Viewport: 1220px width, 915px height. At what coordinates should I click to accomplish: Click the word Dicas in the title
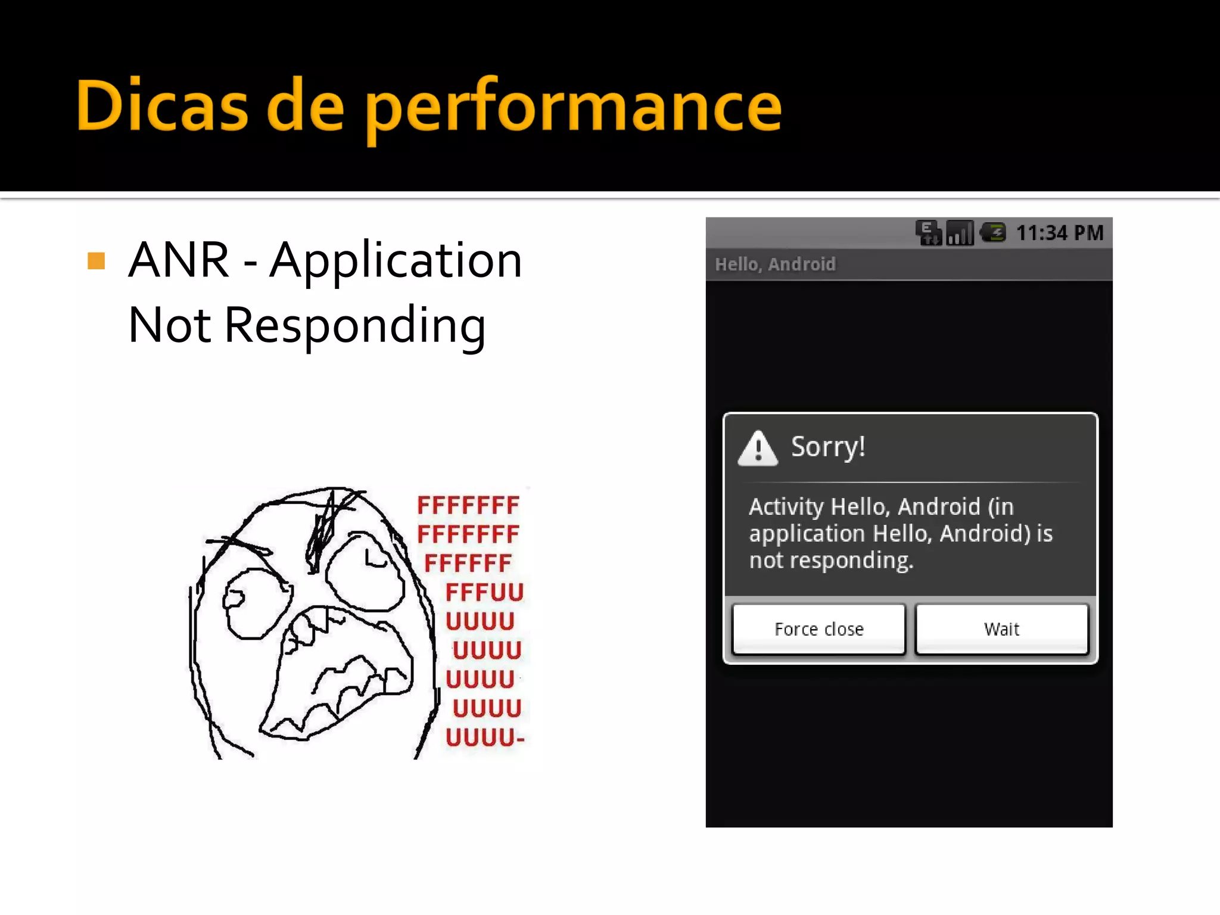click(x=161, y=106)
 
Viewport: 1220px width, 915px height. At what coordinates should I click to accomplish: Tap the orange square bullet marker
click(x=96, y=260)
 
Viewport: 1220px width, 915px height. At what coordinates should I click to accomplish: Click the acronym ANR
click(x=179, y=260)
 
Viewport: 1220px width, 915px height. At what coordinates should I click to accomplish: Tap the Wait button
click(x=1001, y=629)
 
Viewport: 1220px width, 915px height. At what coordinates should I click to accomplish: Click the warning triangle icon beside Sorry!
click(x=757, y=448)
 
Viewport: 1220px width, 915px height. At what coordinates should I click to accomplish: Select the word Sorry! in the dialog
click(x=828, y=447)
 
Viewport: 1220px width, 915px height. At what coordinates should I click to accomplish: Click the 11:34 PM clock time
click(x=1059, y=233)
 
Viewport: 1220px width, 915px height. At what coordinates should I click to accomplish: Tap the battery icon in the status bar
click(x=993, y=232)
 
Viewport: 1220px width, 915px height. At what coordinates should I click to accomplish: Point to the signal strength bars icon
click(x=960, y=233)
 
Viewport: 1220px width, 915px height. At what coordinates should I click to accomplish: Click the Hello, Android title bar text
click(x=775, y=264)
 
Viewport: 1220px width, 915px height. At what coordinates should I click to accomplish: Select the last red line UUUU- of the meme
click(x=485, y=737)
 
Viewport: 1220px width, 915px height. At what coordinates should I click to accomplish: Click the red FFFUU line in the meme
click(x=484, y=592)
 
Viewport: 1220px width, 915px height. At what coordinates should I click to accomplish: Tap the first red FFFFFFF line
click(x=468, y=505)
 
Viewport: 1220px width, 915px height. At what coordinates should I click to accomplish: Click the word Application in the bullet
click(x=396, y=260)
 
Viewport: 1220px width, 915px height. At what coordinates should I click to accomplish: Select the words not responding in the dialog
click(x=830, y=560)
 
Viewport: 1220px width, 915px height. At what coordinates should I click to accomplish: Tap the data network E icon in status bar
click(x=928, y=232)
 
